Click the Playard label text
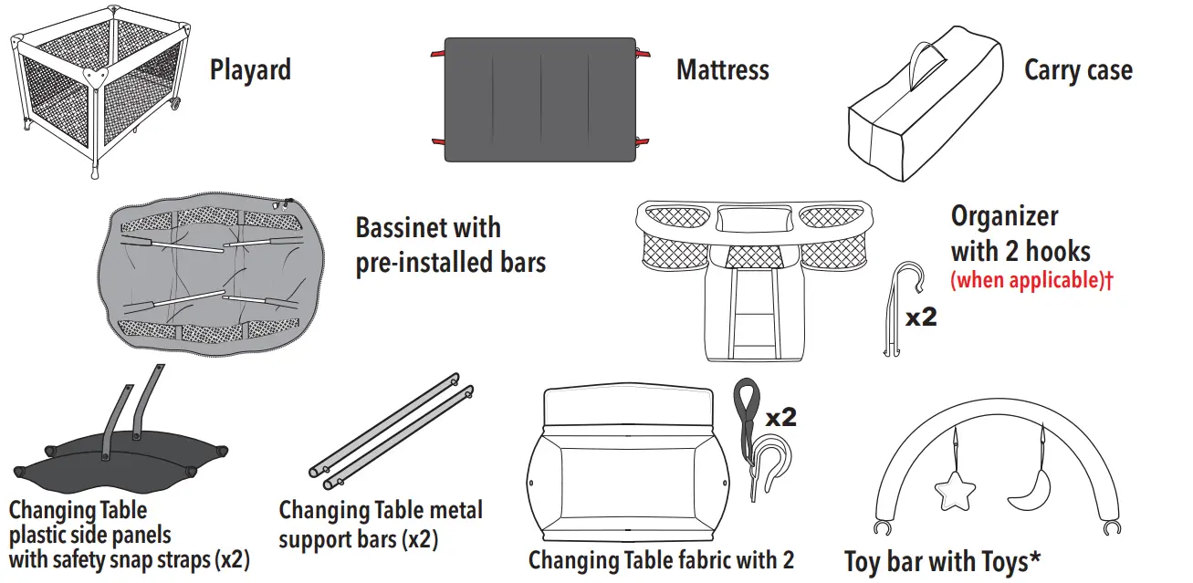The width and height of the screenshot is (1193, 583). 250,70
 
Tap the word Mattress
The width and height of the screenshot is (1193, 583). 722,70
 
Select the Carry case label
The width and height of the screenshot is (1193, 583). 1078,70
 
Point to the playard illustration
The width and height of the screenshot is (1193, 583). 96,91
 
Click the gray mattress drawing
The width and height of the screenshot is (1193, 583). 539,99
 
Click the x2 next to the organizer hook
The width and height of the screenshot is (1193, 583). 921,319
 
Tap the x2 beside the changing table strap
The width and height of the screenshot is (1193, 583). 780,418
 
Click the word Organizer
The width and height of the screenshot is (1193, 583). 1004,217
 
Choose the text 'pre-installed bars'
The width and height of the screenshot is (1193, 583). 450,264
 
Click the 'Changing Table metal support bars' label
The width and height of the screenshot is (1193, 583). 380,524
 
